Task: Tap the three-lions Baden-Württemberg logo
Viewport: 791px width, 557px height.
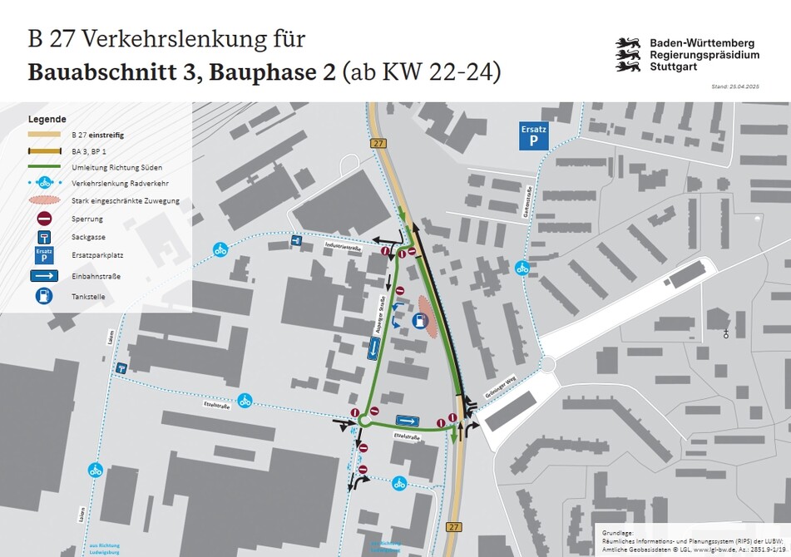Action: [627, 54]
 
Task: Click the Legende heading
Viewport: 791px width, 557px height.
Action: [47, 119]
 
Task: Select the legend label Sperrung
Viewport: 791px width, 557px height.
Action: [87, 219]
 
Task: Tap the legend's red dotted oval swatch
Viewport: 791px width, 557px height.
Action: [44, 201]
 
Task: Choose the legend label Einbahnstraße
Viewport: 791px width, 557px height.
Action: [97, 276]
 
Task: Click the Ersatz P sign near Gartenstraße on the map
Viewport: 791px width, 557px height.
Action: [534, 136]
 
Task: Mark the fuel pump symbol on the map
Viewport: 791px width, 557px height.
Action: [416, 324]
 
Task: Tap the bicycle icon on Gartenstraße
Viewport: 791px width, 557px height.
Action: [522, 268]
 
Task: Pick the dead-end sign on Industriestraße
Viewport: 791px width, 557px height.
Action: [296, 241]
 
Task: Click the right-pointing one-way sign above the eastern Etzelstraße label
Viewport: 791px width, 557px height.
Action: [406, 421]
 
